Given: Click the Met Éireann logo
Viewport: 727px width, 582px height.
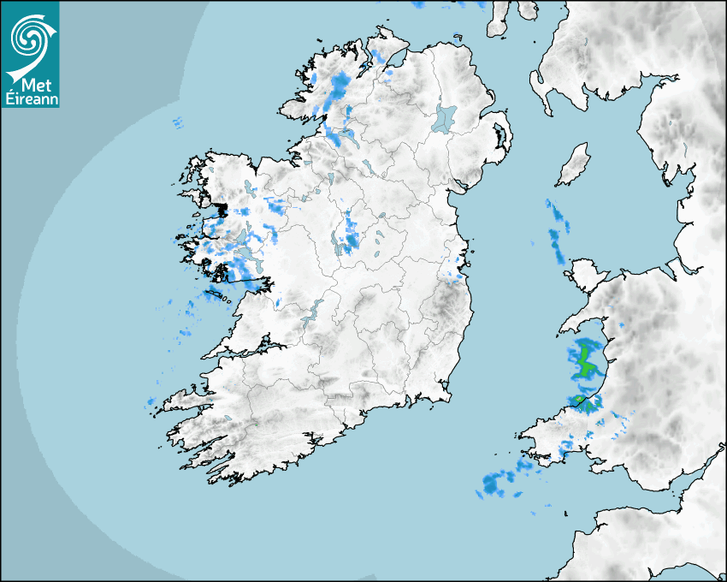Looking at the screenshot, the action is click(x=31, y=54).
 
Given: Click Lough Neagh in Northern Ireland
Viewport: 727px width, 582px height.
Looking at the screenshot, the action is click(x=445, y=117).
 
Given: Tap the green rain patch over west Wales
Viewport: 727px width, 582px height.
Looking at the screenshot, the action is click(x=585, y=359).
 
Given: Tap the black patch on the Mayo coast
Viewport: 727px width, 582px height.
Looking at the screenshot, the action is click(x=222, y=209).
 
